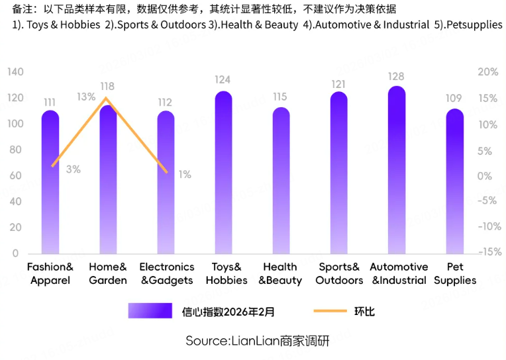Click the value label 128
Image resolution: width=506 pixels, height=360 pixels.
coord(396,77)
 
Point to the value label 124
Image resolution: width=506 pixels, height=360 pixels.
coord(223,80)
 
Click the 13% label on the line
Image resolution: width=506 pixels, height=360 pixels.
coord(85,97)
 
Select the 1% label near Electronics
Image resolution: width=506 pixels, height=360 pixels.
coord(185,175)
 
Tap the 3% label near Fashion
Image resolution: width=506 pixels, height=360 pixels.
coord(73,169)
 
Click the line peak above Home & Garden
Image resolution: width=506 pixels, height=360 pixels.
coord(106,99)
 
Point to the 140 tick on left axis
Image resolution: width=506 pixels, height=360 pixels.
coord(15,71)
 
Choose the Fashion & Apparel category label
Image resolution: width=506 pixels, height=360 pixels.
coord(50,273)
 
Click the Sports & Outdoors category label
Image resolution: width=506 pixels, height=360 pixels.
coord(339,273)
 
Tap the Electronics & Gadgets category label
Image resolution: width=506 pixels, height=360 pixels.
coord(166,273)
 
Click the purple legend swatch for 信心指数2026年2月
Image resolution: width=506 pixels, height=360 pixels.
coord(151,311)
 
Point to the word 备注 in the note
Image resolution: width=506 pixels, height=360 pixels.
coord(22,9)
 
